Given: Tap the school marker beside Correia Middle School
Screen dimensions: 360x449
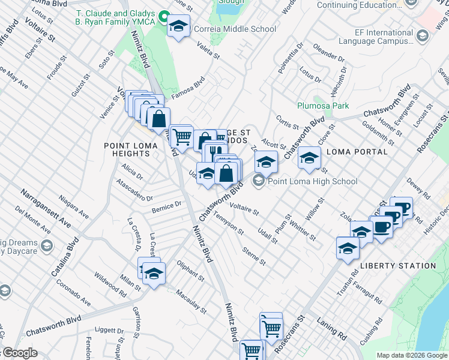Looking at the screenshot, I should [x=178, y=26].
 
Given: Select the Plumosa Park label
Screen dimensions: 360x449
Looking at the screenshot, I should [x=323, y=106].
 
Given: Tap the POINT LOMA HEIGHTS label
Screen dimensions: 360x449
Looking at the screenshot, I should [x=127, y=149].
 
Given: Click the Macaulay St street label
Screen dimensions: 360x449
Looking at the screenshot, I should [x=191, y=302].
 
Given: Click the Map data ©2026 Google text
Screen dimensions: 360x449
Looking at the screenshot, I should [x=412, y=355].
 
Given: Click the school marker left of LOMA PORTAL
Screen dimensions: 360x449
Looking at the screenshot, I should [x=309, y=159].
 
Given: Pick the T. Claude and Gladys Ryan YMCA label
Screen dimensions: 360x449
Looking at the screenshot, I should [x=114, y=17].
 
